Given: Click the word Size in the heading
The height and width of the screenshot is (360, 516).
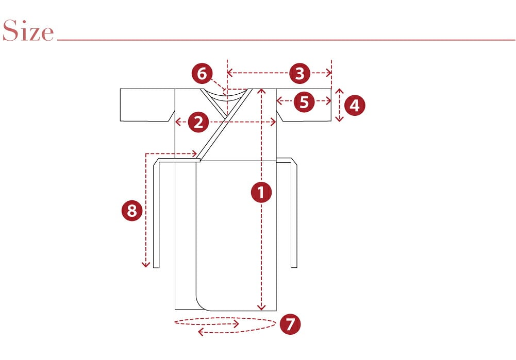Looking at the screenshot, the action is [x=28, y=30].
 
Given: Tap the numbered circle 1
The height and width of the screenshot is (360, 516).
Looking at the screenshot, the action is [x=261, y=192].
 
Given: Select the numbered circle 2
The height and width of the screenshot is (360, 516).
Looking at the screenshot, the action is [x=198, y=122].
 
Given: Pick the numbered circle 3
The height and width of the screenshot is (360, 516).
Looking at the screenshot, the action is [x=300, y=73].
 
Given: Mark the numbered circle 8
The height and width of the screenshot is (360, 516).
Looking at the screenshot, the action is [x=132, y=211].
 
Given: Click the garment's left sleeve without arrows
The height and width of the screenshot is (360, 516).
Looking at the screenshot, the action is [x=147, y=105].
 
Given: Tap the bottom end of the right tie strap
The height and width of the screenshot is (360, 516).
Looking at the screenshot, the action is [x=294, y=267].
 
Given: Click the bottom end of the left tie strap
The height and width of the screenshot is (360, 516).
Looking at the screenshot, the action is [x=156, y=267].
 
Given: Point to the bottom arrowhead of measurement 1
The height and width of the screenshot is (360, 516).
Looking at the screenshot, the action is [x=261, y=308].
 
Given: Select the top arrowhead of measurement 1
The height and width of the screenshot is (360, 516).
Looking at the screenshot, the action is [x=261, y=91].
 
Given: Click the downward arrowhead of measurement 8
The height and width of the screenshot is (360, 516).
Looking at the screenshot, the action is [x=146, y=265].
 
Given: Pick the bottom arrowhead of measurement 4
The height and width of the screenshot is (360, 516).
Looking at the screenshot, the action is [x=340, y=119].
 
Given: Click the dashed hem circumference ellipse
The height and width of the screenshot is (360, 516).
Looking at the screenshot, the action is [x=225, y=318].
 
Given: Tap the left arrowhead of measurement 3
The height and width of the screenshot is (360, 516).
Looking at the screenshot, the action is [x=229, y=73].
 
